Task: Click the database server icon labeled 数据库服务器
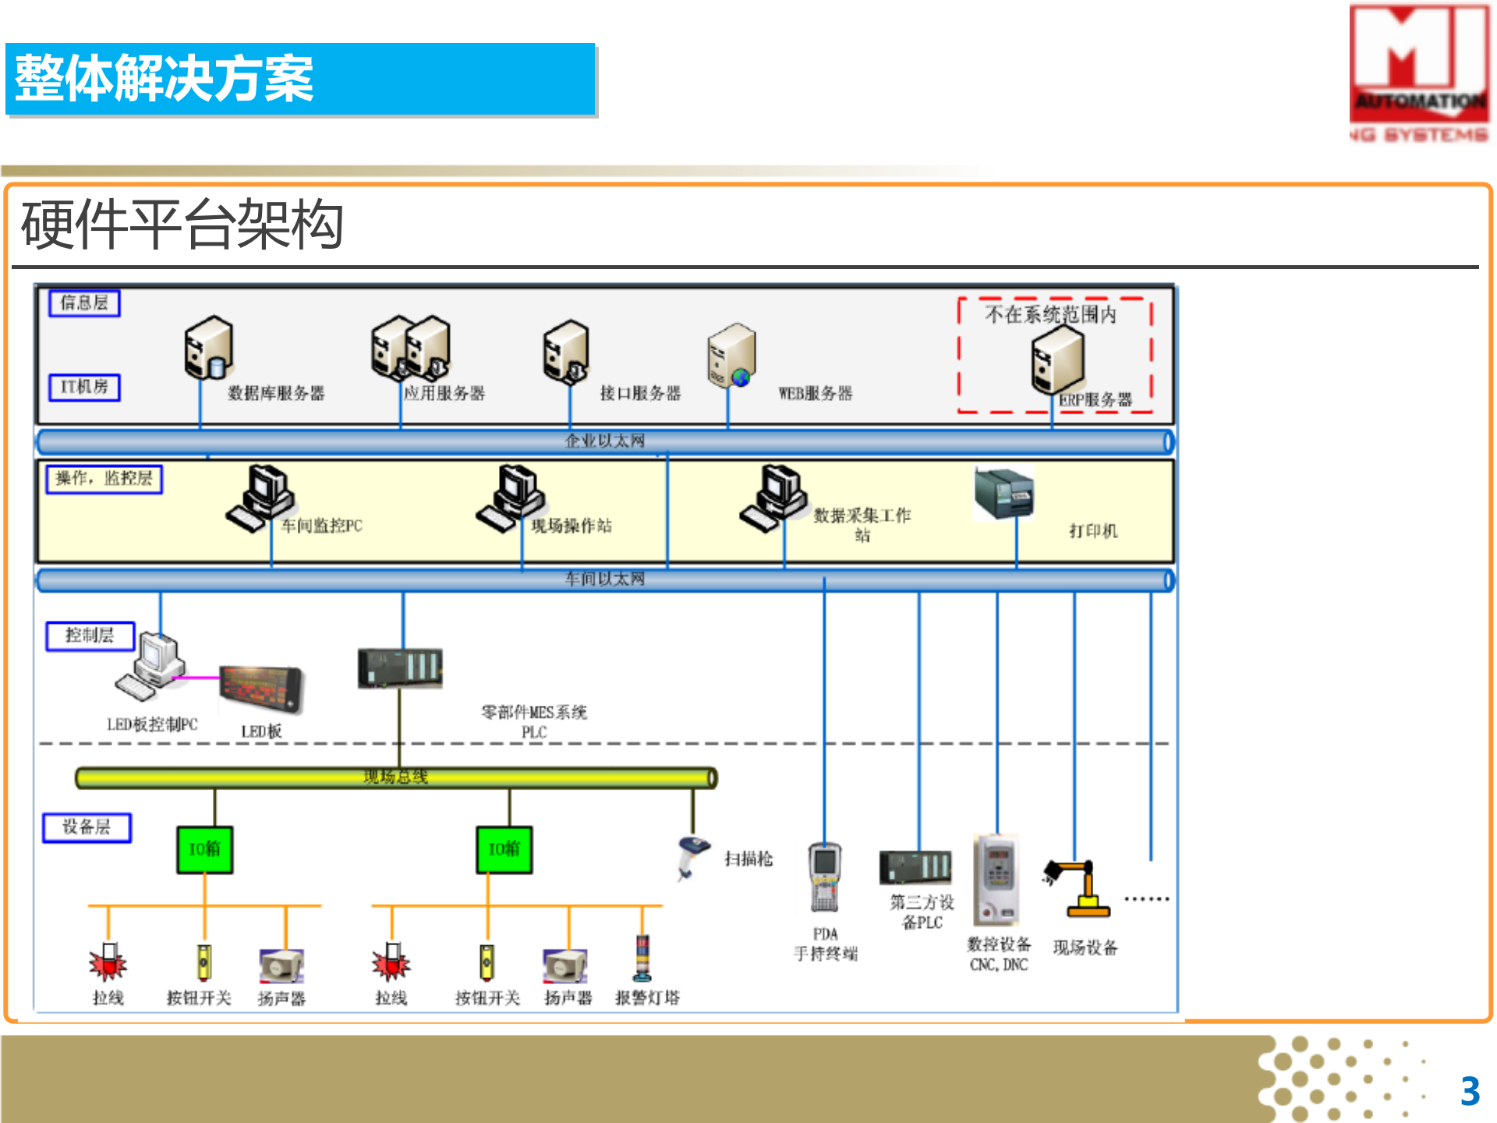pos(208,348)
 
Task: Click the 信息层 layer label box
pos(84,303)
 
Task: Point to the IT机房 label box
pos(84,387)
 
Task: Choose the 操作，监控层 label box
pos(104,478)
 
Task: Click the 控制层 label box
pos(90,636)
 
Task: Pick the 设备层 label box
pos(87,827)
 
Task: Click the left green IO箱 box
pos(204,849)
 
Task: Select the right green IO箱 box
pos(504,849)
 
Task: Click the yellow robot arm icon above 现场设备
pos(1081,888)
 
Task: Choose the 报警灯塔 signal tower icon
pos(642,958)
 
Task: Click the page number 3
pos(1470,1091)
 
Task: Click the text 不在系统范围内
pos(1050,314)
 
